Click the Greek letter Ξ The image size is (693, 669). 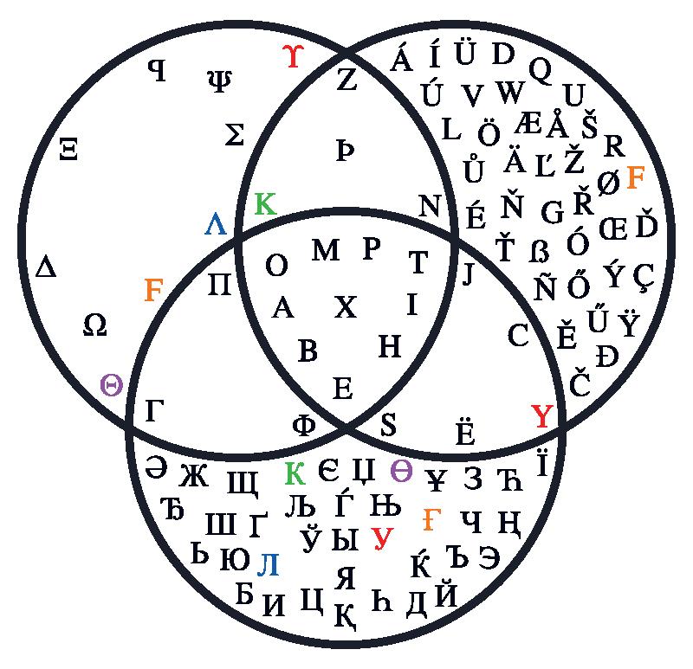(69, 150)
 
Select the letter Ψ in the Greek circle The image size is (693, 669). (219, 80)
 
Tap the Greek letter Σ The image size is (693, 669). (234, 134)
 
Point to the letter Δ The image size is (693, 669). (46, 267)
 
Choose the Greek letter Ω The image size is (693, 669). (94, 325)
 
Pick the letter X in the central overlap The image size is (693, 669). (345, 306)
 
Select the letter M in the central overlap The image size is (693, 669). (326, 251)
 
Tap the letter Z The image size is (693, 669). (346, 80)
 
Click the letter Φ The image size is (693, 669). (304, 424)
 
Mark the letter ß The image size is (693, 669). (539, 251)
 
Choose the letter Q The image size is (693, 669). (540, 69)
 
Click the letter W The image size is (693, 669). (510, 92)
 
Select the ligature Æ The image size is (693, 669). (528, 123)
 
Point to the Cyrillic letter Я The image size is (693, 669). (345, 576)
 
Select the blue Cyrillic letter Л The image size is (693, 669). (269, 564)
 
